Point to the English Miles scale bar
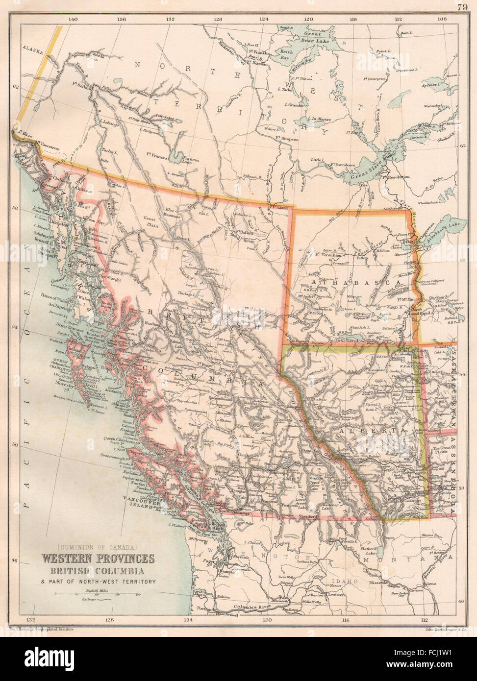98,594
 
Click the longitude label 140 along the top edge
73,19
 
